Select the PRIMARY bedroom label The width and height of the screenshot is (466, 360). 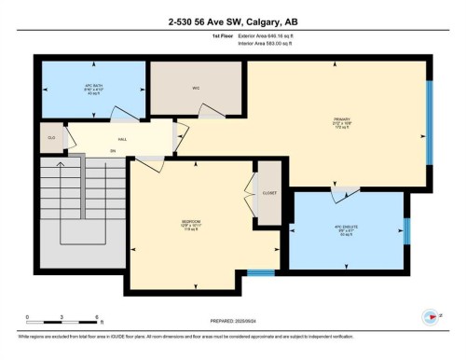(x=341, y=121)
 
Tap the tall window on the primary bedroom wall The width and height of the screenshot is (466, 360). (x=430, y=120)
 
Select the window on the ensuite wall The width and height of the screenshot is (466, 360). (x=406, y=230)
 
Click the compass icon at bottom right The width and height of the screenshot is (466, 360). (x=431, y=317)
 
